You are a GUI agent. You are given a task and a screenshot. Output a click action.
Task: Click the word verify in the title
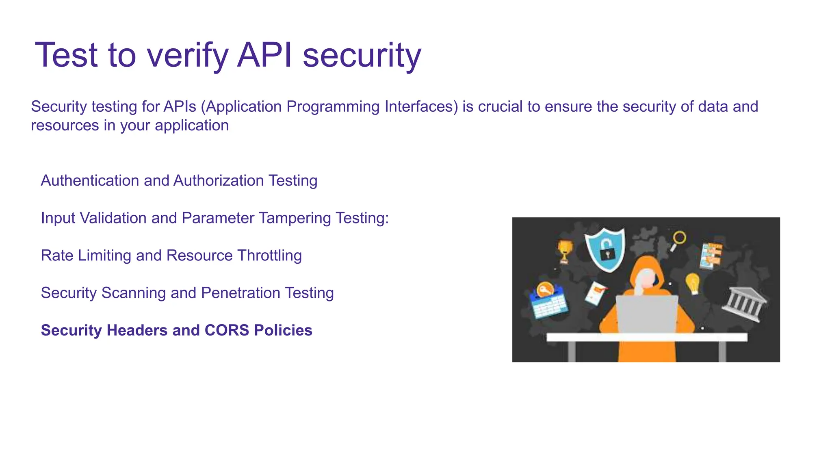coord(187,56)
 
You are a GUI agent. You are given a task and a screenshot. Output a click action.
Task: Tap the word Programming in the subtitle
coord(333,107)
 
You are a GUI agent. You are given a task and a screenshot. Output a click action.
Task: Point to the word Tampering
coord(295,218)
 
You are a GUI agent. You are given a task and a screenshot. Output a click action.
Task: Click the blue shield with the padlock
coord(605,249)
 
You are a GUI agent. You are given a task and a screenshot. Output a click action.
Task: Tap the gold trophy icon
coord(565,251)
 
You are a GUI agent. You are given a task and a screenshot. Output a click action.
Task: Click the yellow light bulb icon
coord(692,283)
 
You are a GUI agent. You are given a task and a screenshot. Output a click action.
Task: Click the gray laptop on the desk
coord(646,314)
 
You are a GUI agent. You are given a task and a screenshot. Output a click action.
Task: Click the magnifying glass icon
coord(678,240)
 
